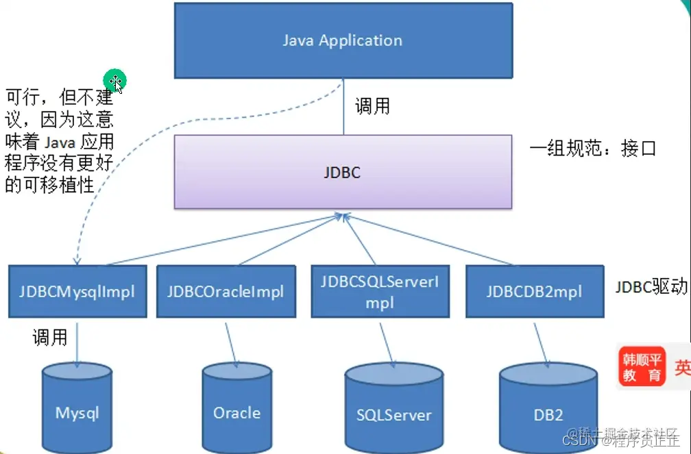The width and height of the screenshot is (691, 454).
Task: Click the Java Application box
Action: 343,40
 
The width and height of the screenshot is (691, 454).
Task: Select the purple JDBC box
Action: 343,172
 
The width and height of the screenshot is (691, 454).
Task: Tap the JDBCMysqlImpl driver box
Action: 77,291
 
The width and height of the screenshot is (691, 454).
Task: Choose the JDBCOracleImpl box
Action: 225,291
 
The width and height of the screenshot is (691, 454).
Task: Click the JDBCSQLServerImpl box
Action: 379,291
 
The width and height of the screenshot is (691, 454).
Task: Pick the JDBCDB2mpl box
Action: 534,291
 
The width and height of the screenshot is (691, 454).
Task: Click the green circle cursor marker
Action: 114,81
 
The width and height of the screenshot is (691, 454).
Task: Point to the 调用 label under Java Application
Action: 372,106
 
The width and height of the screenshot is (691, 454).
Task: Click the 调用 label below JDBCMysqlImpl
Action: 50,337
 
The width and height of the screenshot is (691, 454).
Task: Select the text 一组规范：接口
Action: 594,148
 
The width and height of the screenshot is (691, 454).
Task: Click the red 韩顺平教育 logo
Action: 643,366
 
